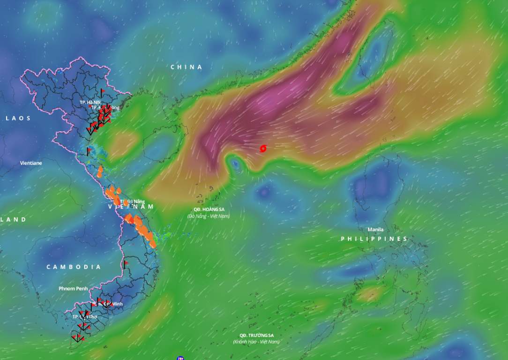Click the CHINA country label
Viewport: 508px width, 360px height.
click(186, 67)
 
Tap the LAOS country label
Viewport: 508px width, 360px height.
click(18, 118)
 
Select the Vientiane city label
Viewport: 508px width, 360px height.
click(31, 163)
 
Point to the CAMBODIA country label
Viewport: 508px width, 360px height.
click(74, 267)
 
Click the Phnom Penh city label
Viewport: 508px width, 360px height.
click(73, 288)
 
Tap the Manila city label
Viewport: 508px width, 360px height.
click(375, 230)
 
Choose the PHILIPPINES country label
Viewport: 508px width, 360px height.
click(374, 239)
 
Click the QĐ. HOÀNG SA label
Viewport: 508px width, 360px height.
click(209, 210)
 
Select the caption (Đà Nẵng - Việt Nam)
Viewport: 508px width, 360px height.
click(209, 216)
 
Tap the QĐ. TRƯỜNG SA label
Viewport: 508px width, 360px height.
click(256, 336)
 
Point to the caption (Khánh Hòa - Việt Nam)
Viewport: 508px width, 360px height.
click(256, 342)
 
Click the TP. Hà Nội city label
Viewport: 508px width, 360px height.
click(90, 102)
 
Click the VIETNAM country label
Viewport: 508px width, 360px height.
click(131, 207)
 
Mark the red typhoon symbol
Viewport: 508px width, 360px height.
click(263, 149)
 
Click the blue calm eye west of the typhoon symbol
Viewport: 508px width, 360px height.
click(235, 164)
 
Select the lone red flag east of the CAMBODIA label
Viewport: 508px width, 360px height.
click(126, 264)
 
